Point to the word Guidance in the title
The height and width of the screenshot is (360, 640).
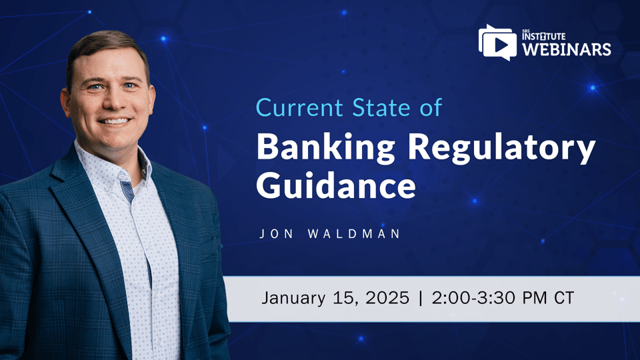click(x=335, y=185)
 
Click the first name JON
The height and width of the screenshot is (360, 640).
click(x=273, y=235)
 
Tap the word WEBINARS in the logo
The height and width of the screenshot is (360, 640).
click(x=566, y=49)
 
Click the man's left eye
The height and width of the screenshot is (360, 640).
click(x=129, y=86)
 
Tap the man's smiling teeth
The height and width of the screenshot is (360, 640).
click(x=114, y=121)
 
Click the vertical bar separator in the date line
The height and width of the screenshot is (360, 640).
click(x=421, y=298)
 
